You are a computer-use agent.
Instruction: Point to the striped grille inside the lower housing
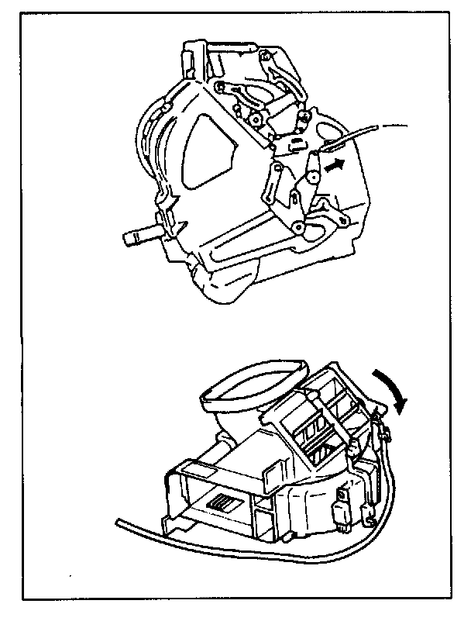tap(225, 503)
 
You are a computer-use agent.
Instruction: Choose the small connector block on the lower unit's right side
tap(339, 512)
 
